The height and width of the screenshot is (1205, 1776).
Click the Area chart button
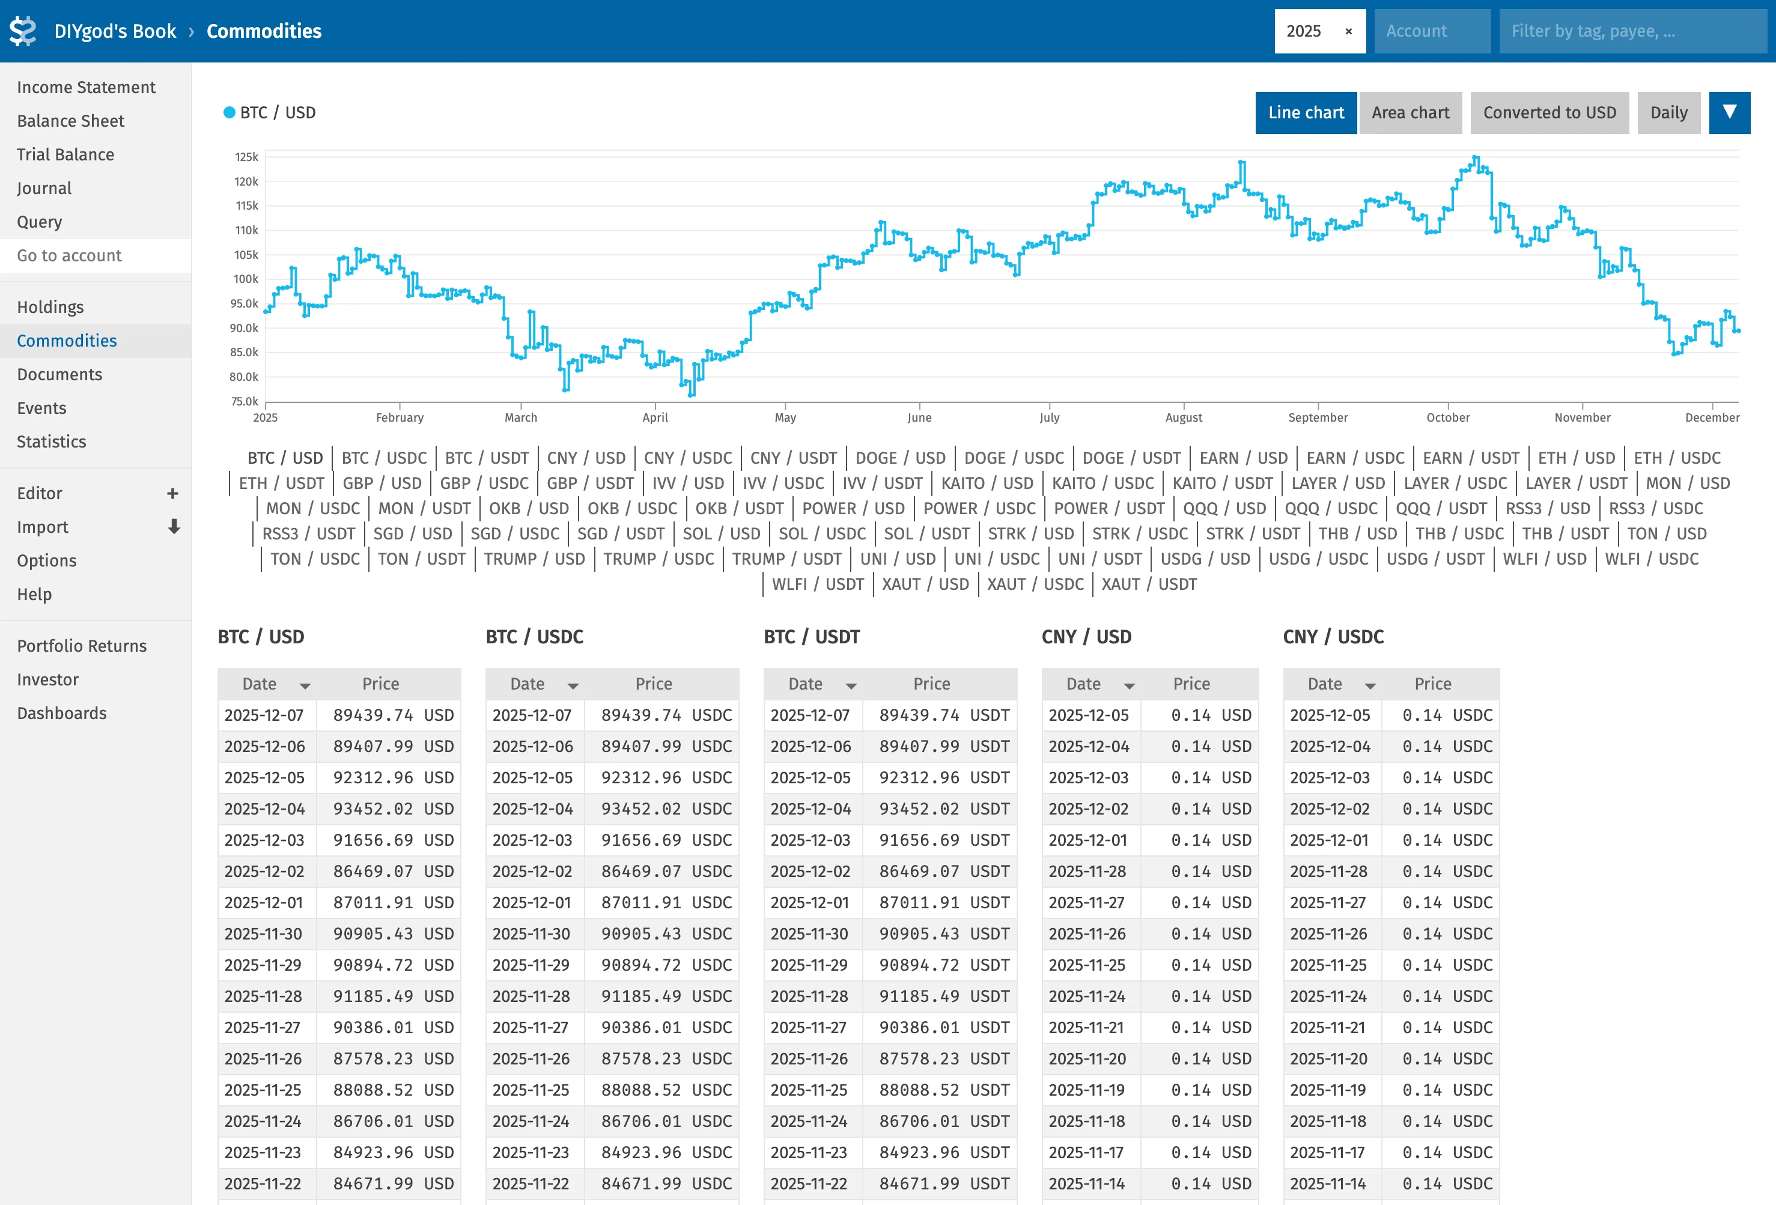[x=1410, y=113]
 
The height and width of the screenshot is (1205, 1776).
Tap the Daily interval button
[x=1668, y=113]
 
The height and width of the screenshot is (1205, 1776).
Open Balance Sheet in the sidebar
[x=70, y=121]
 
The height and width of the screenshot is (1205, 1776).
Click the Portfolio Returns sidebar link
[x=82, y=646]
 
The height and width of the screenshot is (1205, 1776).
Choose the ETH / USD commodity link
[x=1576, y=458]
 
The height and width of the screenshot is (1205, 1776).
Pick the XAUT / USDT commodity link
[x=1149, y=584]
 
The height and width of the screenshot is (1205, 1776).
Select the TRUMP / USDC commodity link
[x=658, y=559]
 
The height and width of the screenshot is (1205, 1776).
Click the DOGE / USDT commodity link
[x=1131, y=458]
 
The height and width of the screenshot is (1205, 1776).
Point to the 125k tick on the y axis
[x=246, y=157]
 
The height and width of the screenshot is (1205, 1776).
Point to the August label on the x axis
[x=1183, y=417]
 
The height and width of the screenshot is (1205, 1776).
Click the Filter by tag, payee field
[x=1632, y=31]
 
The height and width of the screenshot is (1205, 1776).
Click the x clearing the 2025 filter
[x=1349, y=31]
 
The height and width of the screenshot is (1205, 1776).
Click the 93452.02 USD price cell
[x=393, y=809]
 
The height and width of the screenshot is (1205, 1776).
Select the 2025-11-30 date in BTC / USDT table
[x=809, y=933]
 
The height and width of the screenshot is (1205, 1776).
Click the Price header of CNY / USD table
[x=1191, y=684]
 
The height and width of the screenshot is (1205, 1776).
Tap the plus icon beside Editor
[x=172, y=494]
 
